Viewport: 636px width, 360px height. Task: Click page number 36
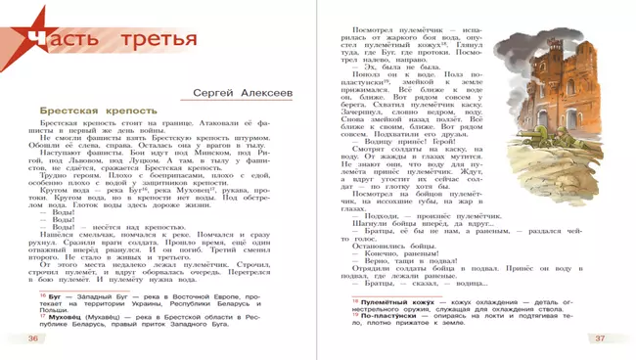pos(32,337)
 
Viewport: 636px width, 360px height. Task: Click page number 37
pos(599,337)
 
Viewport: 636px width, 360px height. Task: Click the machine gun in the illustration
pos(553,245)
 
